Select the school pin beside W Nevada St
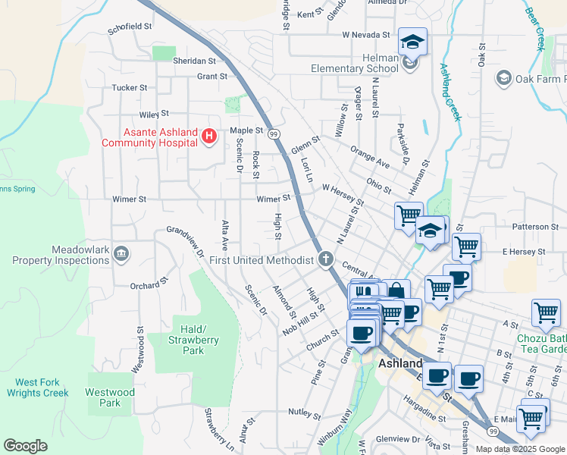pyautogui.click(x=412, y=42)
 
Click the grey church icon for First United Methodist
pyautogui.click(x=326, y=260)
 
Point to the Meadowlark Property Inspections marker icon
pyautogui.click(x=121, y=253)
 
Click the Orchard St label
pyautogui.click(x=148, y=285)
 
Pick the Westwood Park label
pyautogui.click(x=110, y=397)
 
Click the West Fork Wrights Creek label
pyautogui.click(x=38, y=388)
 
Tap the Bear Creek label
pyautogui.click(x=536, y=25)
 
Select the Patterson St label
pyautogui.click(x=534, y=227)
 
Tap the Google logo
pyautogui.click(x=26, y=446)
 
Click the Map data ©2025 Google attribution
pyautogui.click(x=520, y=449)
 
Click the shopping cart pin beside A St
pyautogui.click(x=546, y=312)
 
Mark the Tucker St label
pyautogui.click(x=129, y=88)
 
